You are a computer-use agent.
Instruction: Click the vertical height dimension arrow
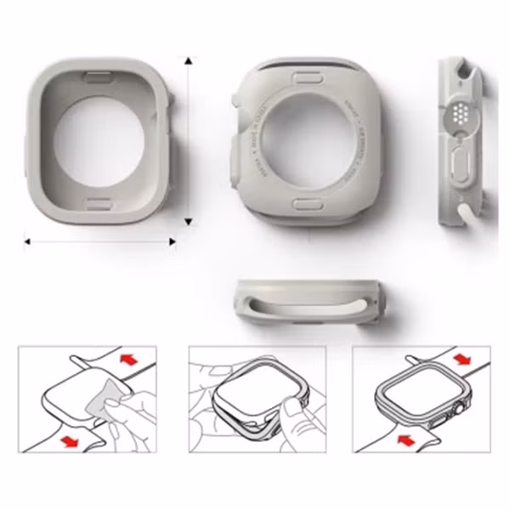(189, 140)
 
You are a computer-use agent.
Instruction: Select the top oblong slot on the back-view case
(303, 76)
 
